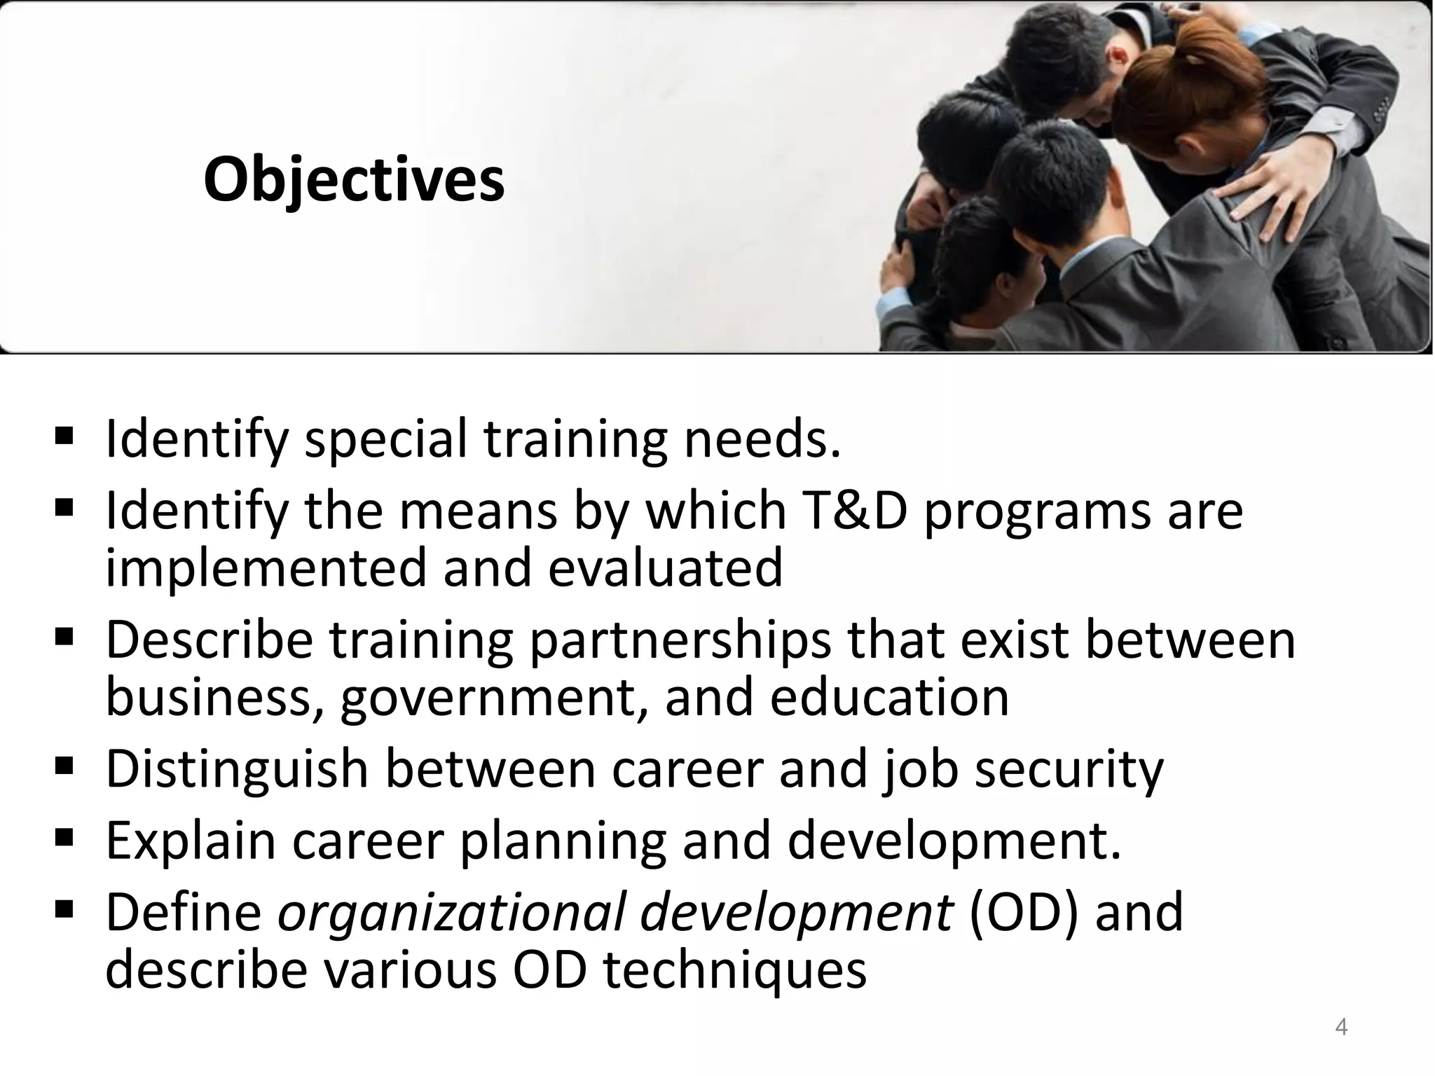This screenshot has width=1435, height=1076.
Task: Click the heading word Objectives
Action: tap(354, 180)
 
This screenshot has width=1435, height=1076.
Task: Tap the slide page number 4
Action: tap(1341, 1027)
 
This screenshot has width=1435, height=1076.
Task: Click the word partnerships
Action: tap(679, 640)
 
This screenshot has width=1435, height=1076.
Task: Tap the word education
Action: tap(889, 697)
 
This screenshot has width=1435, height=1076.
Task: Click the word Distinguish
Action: tap(236, 768)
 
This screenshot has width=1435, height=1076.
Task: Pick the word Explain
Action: tap(190, 841)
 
